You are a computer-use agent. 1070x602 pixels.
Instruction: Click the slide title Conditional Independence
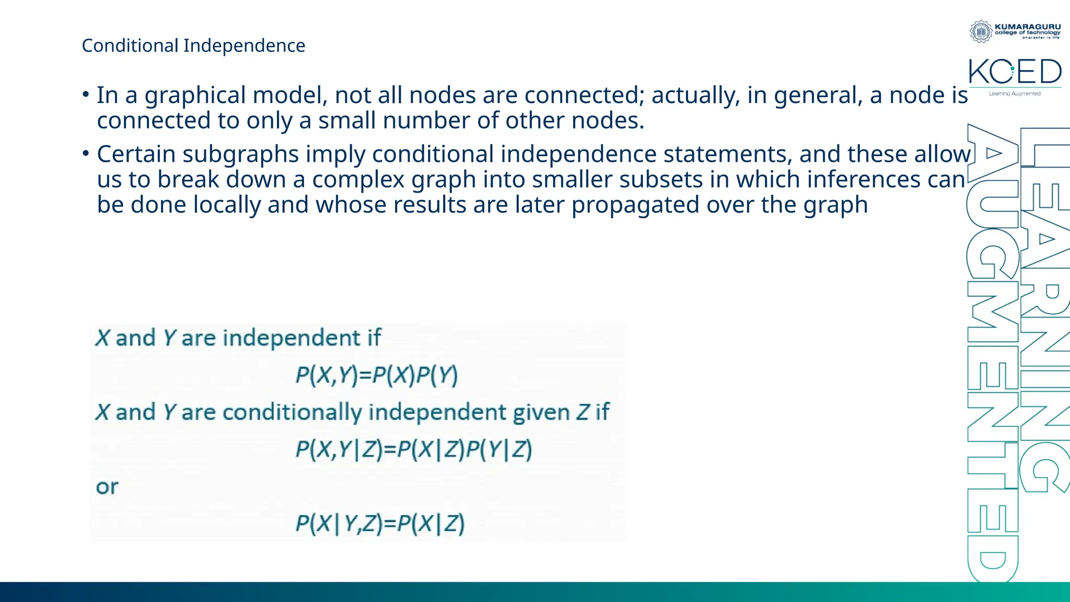[193, 45]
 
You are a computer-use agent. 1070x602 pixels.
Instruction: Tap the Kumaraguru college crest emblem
[981, 31]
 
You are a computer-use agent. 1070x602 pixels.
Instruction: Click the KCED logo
[1015, 72]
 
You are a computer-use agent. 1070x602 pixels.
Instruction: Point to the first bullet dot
[86, 95]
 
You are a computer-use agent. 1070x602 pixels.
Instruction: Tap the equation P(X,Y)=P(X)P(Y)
[376, 375]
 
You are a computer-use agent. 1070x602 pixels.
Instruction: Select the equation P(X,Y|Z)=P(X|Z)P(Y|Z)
[413, 449]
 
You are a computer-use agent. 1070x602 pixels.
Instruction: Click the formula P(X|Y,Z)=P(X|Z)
[380, 524]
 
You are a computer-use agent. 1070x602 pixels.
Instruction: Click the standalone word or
[107, 487]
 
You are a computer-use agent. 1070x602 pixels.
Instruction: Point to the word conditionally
[292, 413]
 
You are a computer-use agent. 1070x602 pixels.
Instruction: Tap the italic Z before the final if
[583, 412]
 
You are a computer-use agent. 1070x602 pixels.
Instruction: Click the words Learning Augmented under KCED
[1015, 94]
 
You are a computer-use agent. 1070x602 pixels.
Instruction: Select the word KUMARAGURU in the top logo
[1028, 27]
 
